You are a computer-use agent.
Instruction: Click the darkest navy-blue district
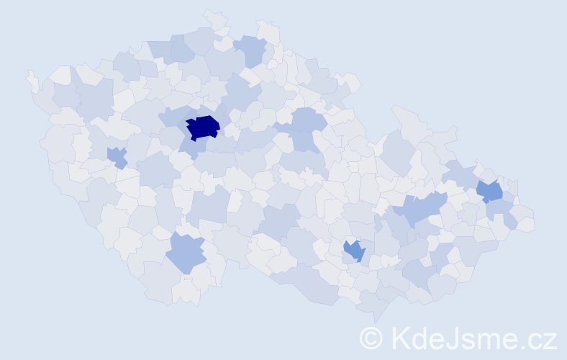coord(202,127)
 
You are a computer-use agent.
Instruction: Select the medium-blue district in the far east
coord(489,191)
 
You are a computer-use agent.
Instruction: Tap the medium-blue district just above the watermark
coord(354,250)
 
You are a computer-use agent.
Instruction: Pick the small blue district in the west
coord(116,156)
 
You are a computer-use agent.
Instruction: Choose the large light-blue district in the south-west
coord(186,252)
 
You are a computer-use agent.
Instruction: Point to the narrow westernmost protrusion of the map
coord(32,80)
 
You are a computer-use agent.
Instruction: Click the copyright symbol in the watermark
coord(371,338)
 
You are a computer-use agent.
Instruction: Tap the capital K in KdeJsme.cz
coord(399,338)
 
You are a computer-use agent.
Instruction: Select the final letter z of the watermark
coord(550,340)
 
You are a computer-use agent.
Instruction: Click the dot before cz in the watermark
coord(525,346)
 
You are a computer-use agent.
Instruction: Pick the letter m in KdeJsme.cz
coord(489,340)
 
